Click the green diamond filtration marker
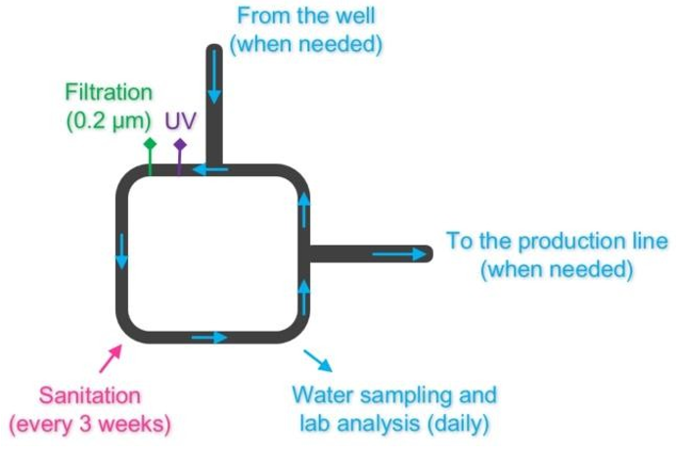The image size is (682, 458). (150, 144)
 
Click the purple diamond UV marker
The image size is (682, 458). (180, 145)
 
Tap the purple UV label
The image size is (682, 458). (180, 120)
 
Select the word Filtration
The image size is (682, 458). (109, 92)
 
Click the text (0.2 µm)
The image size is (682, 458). (109, 121)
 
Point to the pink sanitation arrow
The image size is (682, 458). (111, 359)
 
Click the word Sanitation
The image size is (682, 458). (90, 395)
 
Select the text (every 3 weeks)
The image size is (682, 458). (90, 424)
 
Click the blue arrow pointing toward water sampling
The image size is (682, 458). (318, 360)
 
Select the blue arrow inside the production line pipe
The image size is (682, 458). (399, 254)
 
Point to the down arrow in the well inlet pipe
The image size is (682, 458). (214, 77)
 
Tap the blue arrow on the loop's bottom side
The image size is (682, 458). (209, 337)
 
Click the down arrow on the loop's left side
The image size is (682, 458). (121, 252)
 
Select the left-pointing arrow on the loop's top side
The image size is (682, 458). (210, 169)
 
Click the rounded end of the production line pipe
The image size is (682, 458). (429, 254)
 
